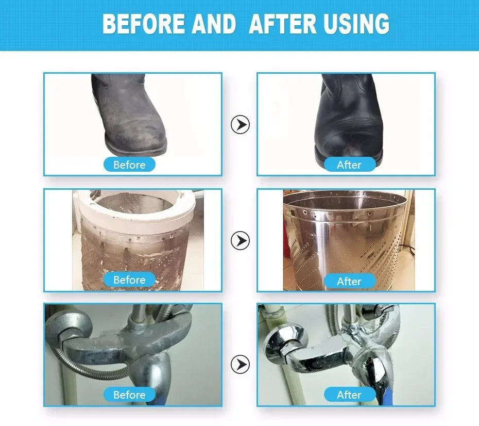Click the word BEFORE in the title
point(144,23)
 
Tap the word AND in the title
point(214,23)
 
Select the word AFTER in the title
point(283,23)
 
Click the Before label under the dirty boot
point(129,165)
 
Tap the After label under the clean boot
point(350,165)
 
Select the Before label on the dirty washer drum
point(129,280)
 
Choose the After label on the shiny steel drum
point(350,281)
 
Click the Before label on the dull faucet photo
point(129,395)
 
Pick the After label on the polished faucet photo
point(350,395)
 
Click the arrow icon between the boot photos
point(240,124)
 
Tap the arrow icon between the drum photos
point(240,240)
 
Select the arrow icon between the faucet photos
point(240,364)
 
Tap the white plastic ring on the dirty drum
point(138,211)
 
